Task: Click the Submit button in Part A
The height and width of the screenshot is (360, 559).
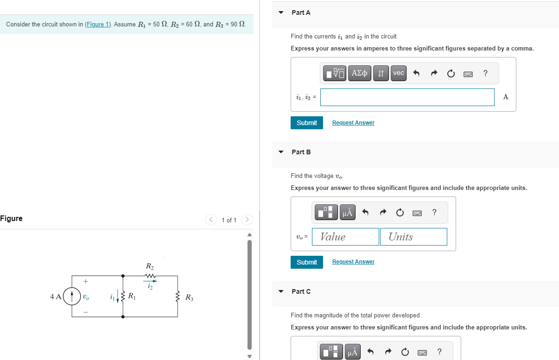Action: tap(306, 123)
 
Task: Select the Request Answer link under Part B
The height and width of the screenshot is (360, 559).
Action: tap(353, 262)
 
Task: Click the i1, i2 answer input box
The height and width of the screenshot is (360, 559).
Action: tap(407, 97)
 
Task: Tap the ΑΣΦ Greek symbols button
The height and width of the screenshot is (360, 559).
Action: tap(359, 73)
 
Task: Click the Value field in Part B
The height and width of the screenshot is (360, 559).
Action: tap(345, 237)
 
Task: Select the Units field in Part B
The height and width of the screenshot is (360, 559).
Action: tap(413, 237)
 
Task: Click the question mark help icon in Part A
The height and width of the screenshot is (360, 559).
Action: tap(485, 73)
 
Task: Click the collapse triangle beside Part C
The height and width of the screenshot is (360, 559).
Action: tap(281, 291)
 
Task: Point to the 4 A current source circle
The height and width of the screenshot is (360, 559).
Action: tap(71, 297)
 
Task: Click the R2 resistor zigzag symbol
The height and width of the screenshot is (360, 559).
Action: tap(150, 276)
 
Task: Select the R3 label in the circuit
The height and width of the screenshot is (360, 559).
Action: tap(189, 297)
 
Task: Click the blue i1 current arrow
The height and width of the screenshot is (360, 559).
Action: tap(118, 297)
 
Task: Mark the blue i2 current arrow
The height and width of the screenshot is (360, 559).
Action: tap(150, 281)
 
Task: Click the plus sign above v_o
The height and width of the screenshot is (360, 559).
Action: tap(85, 281)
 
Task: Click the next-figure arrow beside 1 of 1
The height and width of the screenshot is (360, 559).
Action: tap(247, 220)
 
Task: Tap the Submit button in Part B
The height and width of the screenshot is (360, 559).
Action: tap(306, 262)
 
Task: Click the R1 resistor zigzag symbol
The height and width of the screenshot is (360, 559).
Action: tap(123, 297)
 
